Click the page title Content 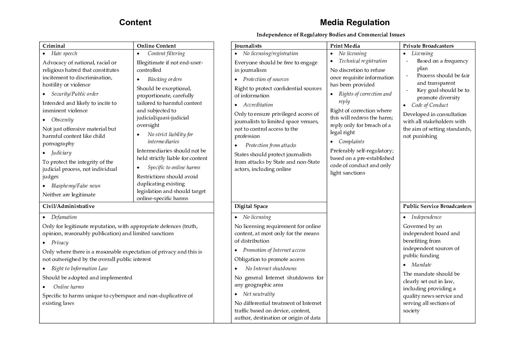pos(135,22)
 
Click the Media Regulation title pos(354,22)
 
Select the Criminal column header pos(54,46)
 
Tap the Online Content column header pos(156,46)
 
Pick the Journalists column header pos(248,46)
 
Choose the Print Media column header pos(345,46)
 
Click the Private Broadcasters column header pos(428,46)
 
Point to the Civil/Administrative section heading pos(68,206)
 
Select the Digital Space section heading pos(251,206)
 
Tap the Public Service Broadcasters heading pos(437,206)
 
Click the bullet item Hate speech pos(64,53)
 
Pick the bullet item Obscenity pos(62,120)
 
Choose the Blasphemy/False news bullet pos(76,186)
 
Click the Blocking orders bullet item pos(164,79)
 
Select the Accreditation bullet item pos(258,105)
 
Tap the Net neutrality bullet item pos(258,294)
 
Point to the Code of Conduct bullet pos(429,105)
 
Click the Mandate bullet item pos(421,265)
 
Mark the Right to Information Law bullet pos(79,268)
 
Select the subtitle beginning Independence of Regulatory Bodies pos(330,35)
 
